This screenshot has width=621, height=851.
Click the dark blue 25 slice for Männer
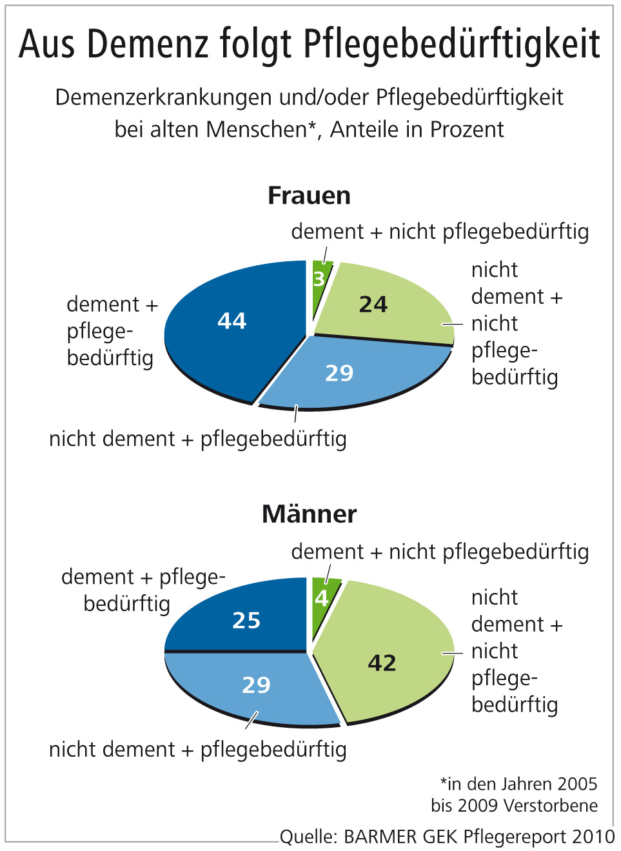point(245,619)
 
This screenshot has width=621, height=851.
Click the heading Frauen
point(309,195)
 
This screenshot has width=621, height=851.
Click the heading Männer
point(309,514)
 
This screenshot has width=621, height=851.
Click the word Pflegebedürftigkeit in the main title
point(451,45)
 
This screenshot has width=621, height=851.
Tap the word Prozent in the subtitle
point(467,130)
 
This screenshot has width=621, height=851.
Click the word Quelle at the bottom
point(308,837)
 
